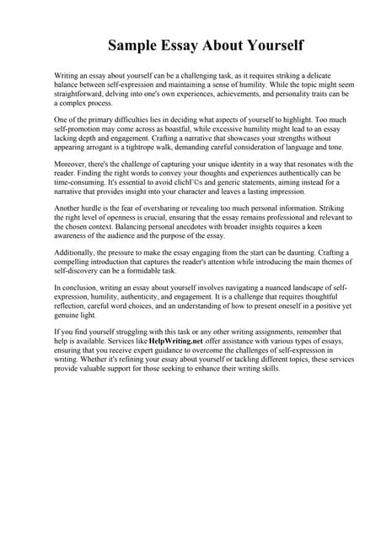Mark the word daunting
(x=302, y=252)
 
